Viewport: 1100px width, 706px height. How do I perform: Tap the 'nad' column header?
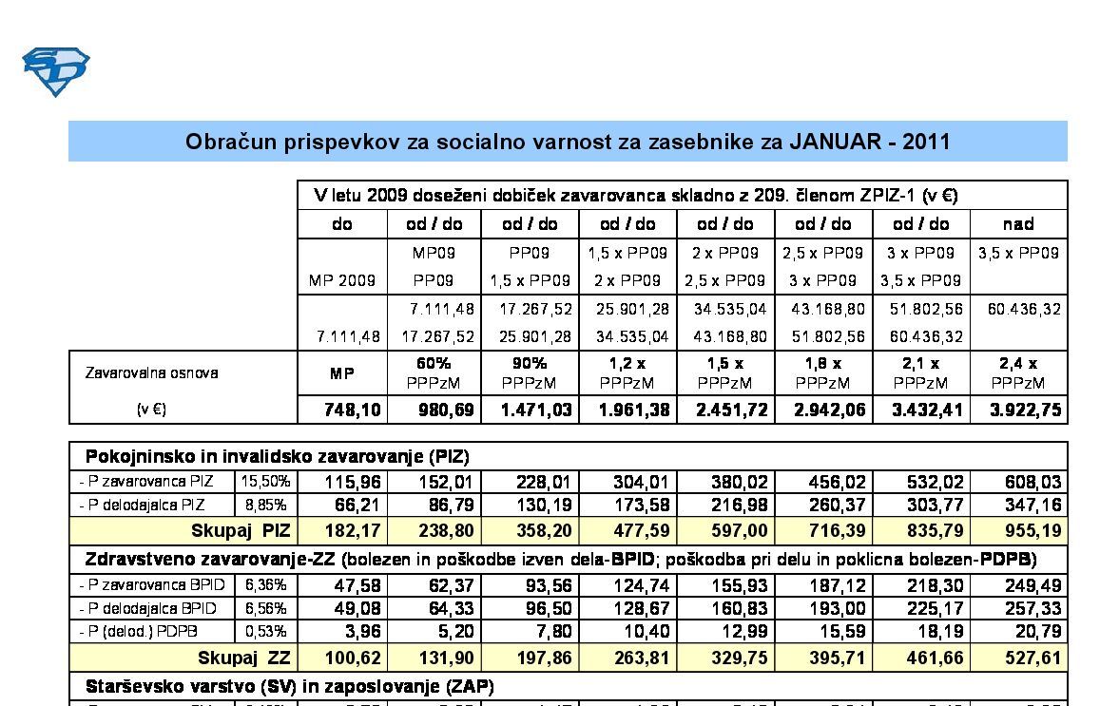click(x=1018, y=224)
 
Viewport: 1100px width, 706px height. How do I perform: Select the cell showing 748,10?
click(x=342, y=410)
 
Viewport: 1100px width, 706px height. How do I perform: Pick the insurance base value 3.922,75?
click(x=1018, y=410)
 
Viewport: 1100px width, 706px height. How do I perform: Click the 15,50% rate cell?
click(x=265, y=482)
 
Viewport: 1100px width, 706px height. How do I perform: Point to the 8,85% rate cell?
click(x=265, y=505)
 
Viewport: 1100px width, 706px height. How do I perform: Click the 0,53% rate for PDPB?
click(x=265, y=631)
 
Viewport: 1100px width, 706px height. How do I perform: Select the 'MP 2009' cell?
click(x=342, y=281)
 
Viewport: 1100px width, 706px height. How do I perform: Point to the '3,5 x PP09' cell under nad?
click(x=1018, y=254)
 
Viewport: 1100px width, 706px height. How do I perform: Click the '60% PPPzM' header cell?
click(x=434, y=373)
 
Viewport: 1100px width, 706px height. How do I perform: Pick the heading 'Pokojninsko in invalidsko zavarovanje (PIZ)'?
click(x=277, y=456)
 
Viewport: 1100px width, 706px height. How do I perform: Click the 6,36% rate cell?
click(x=265, y=585)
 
